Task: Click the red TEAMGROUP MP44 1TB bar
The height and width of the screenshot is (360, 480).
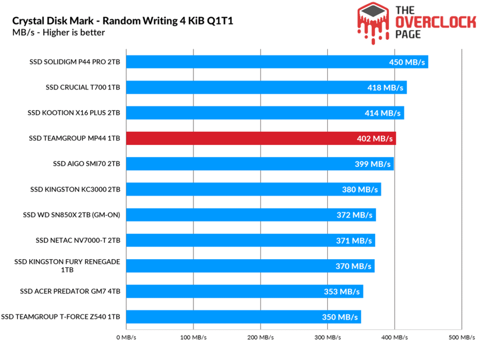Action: click(261, 138)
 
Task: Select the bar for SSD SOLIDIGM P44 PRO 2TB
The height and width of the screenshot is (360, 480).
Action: click(277, 62)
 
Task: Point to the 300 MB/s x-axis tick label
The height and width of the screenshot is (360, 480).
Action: click(327, 337)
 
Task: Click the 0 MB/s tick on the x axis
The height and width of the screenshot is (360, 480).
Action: click(126, 337)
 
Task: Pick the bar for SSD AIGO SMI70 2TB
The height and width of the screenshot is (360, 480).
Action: click(259, 164)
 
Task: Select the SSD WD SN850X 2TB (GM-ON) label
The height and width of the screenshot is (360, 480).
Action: click(72, 215)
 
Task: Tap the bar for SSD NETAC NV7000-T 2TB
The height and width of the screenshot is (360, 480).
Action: click(250, 240)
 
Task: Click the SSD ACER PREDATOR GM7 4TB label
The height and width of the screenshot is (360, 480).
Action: click(70, 292)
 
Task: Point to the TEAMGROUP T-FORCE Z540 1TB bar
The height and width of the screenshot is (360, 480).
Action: click(243, 317)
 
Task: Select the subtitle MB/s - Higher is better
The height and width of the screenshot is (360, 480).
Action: click(59, 33)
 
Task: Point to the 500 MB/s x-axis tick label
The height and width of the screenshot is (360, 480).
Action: click(461, 337)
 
